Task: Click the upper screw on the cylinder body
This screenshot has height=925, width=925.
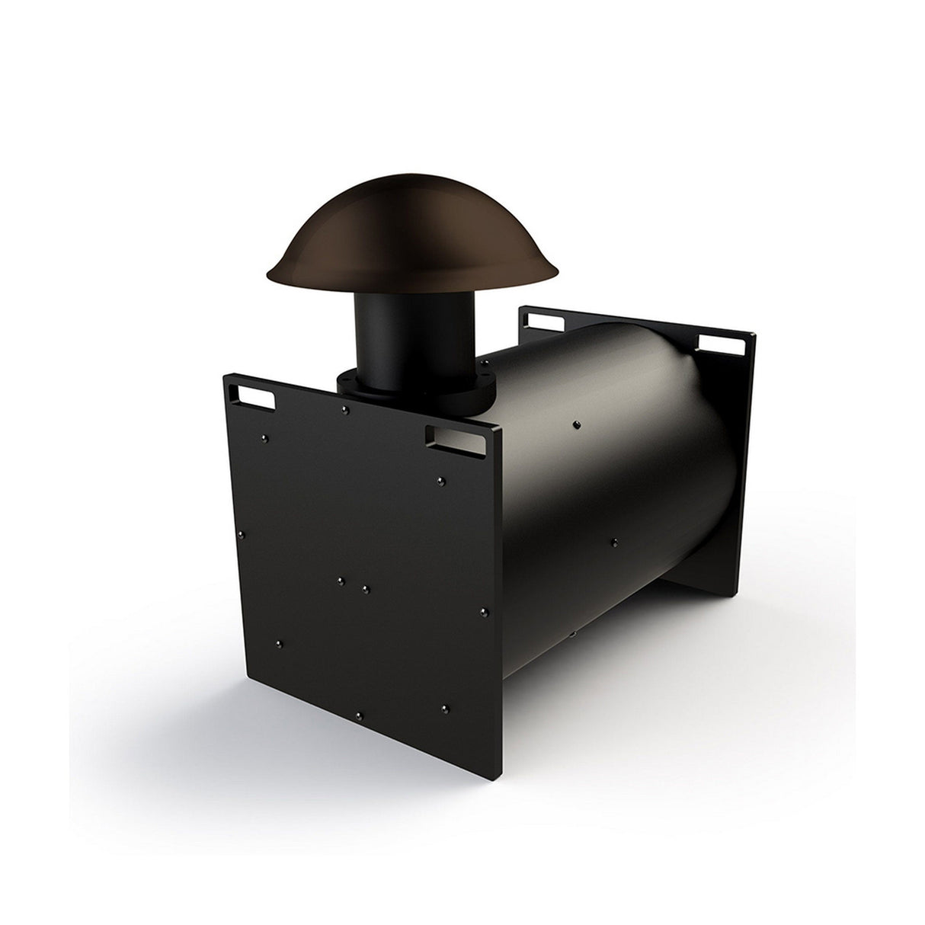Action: point(577,423)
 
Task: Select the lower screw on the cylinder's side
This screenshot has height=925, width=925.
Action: point(615,543)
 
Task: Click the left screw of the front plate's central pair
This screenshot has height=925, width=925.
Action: point(341,581)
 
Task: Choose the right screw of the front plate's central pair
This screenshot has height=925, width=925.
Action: point(366,589)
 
